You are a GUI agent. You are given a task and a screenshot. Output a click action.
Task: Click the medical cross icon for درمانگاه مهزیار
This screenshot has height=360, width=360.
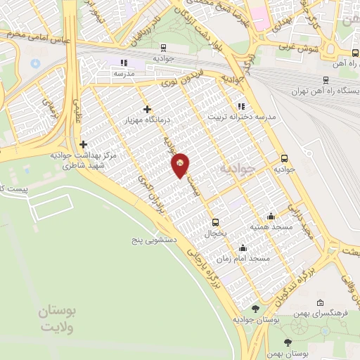coord(147,109)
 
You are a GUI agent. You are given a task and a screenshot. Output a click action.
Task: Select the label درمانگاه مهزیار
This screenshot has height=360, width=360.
coord(148,121)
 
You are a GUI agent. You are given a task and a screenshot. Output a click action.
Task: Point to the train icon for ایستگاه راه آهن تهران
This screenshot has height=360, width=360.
coord(326,80)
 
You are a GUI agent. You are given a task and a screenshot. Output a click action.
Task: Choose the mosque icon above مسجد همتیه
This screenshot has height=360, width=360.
coord(271,216)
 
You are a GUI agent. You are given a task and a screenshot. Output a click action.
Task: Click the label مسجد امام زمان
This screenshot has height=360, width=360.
coord(243,258)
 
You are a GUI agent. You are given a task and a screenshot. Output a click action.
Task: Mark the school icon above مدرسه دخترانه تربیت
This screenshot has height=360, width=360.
coord(241,105)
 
